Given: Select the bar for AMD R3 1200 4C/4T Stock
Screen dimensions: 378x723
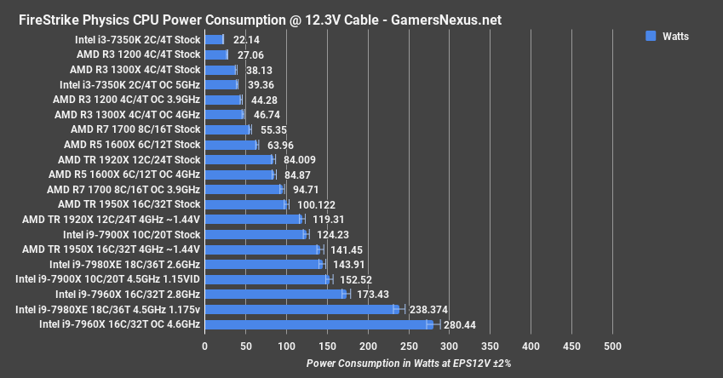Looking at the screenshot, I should click(215, 54).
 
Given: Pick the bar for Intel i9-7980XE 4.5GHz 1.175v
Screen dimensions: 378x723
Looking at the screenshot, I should click(300, 309).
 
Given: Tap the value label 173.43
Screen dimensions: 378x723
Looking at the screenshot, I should click(376, 294).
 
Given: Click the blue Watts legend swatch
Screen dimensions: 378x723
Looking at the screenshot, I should click(651, 36).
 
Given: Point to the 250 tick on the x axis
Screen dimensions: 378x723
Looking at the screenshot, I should click(409, 346).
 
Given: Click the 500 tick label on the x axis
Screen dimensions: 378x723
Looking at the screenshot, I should click(612, 346).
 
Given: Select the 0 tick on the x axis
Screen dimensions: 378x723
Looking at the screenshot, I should click(204, 346).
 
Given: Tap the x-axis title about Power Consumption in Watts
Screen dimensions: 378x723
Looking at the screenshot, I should click(408, 363).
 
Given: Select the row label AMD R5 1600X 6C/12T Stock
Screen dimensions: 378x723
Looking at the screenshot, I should click(132, 145).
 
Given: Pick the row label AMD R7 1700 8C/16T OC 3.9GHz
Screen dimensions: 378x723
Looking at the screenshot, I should click(123, 189).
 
